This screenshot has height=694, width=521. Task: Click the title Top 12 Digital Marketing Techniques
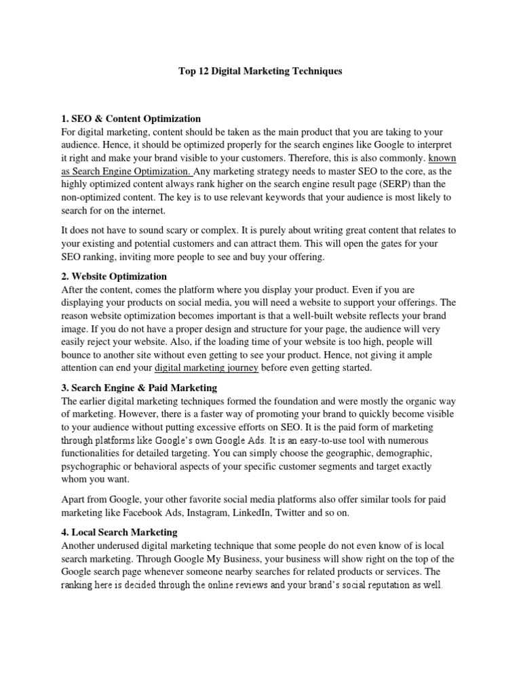(x=260, y=71)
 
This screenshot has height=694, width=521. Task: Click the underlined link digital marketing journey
(x=207, y=368)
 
